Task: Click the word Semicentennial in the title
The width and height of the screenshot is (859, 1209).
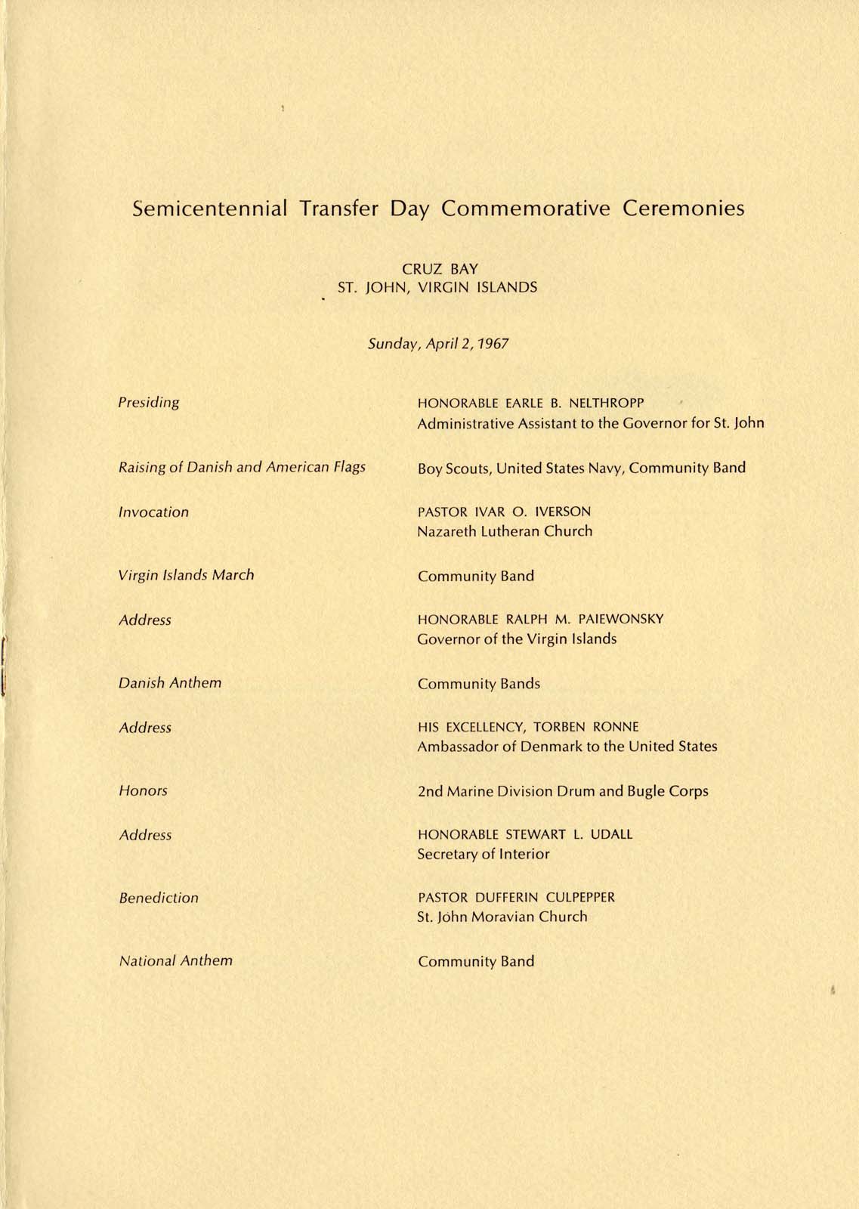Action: pos(209,209)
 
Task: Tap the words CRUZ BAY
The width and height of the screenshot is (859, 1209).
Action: pos(440,269)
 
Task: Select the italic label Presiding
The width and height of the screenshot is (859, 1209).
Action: pos(149,403)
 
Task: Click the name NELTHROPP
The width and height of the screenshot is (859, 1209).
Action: pos(612,404)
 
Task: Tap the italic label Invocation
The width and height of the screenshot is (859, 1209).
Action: pos(153,512)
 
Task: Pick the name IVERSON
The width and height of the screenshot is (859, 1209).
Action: pos(562,512)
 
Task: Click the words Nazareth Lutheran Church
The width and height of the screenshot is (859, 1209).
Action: pos(505,531)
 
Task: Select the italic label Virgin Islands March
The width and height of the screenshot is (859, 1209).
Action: pos(186,575)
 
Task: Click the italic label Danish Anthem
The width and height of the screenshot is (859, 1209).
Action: pos(170,683)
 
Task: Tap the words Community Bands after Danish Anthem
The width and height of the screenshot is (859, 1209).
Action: pos(479,684)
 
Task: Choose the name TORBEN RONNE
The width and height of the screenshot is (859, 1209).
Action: pos(586,727)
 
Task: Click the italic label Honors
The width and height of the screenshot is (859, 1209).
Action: pos(143,791)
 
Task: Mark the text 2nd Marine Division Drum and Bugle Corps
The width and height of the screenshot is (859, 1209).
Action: pos(563,792)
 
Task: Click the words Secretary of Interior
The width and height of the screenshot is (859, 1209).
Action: pos(484,855)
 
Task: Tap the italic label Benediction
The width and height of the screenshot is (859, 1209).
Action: pos(159,898)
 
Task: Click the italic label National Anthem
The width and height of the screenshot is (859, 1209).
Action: pos(176,961)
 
